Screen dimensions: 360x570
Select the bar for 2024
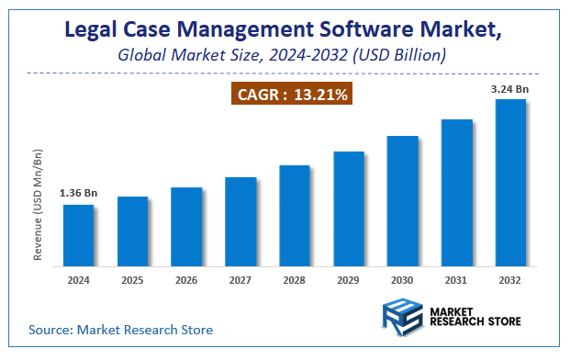click(78, 235)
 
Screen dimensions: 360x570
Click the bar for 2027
click(240, 221)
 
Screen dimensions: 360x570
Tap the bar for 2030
click(403, 201)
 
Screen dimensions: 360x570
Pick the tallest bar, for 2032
click(511, 183)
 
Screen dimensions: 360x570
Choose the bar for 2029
click(349, 208)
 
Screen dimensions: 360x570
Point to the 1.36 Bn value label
click(77, 194)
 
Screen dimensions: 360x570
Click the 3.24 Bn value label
click(510, 88)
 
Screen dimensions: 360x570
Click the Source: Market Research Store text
click(120, 329)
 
